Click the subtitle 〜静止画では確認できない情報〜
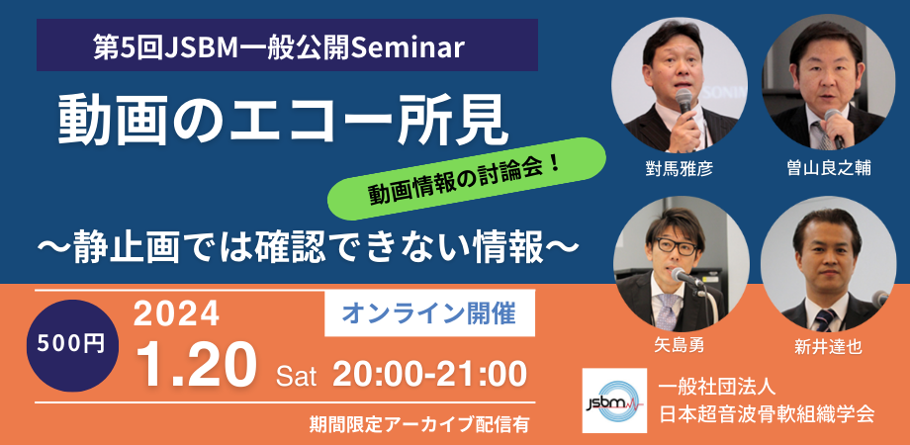click(x=307, y=244)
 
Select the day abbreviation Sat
click(x=296, y=375)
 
